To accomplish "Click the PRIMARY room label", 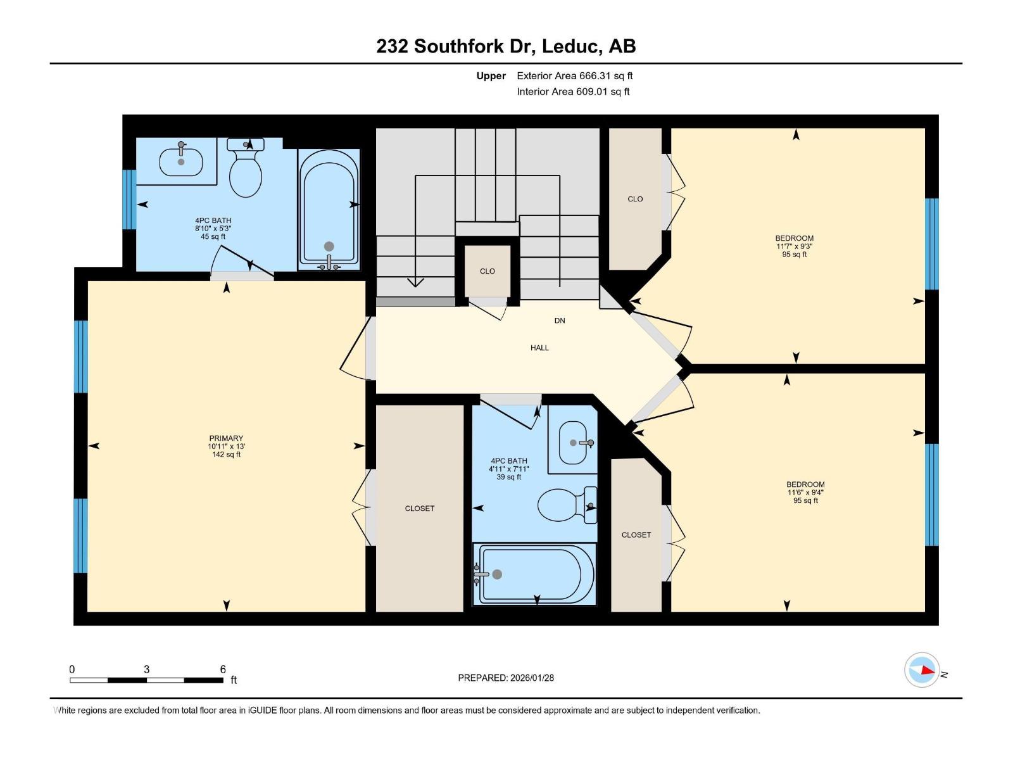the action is [225, 438].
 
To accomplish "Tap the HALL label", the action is [539, 348].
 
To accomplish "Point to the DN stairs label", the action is [560, 320].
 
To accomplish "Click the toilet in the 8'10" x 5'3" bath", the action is [246, 167].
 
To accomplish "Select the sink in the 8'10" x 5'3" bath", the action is [181, 160].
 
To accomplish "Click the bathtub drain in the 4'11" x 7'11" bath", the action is [497, 574].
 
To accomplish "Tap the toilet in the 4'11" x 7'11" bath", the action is [567, 505].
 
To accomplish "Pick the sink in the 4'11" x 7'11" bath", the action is [576, 443].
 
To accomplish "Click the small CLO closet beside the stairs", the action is [488, 271].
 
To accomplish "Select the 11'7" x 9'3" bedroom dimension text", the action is [794, 246].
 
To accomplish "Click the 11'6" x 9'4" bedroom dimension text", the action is [805, 492].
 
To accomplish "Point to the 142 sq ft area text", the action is [225, 455].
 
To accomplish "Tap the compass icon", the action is [922, 670].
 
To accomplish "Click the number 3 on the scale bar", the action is [147, 669].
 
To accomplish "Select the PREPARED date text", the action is [506, 678].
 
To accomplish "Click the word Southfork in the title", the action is [470, 46].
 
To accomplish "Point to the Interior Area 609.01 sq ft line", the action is [573, 91].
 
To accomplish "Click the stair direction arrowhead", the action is [415, 281].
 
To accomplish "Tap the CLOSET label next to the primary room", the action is [420, 509].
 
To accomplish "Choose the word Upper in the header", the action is [491, 75].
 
